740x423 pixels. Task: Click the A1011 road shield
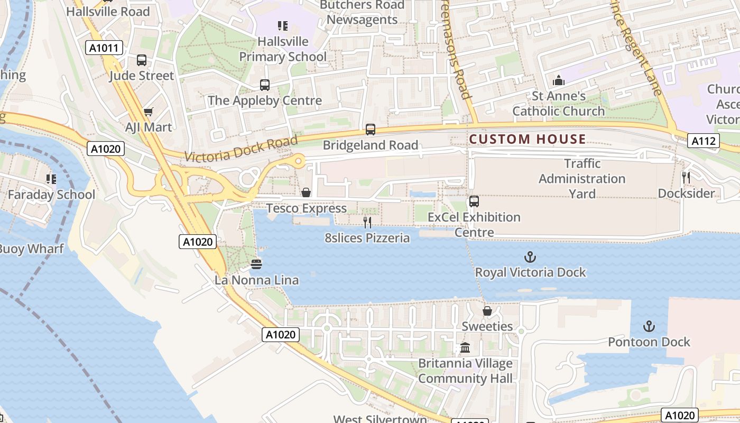104,48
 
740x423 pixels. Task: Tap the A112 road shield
704,141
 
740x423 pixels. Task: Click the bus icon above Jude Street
141,60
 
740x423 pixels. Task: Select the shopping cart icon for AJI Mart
148,112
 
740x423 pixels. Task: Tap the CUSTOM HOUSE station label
528,140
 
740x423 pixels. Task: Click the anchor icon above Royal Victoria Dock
530,258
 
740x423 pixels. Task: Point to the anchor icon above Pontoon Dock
649,326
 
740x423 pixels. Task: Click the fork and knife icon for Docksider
686,178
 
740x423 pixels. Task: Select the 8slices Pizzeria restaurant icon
367,223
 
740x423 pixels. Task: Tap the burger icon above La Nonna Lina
256,264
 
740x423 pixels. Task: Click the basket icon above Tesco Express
306,192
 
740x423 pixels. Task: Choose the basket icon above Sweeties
487,311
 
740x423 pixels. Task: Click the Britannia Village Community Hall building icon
465,348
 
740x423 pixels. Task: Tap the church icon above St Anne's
559,81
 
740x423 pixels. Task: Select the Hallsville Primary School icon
283,25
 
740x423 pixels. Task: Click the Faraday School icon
51,179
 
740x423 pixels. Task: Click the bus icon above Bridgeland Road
371,130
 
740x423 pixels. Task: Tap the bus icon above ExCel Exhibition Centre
474,201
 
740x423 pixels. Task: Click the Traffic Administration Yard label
582,179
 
